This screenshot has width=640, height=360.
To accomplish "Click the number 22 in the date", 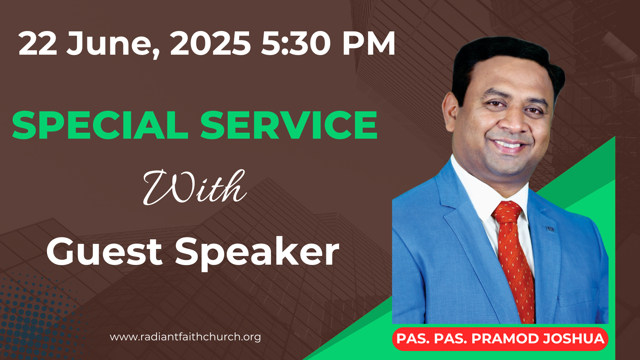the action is (x=38, y=43).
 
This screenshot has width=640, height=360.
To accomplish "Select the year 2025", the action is (x=210, y=43).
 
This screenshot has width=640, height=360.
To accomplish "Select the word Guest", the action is (x=104, y=252).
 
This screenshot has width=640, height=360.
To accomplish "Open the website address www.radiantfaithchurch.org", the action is (x=185, y=337).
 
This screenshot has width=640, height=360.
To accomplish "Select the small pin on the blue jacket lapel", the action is (x=550, y=229).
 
